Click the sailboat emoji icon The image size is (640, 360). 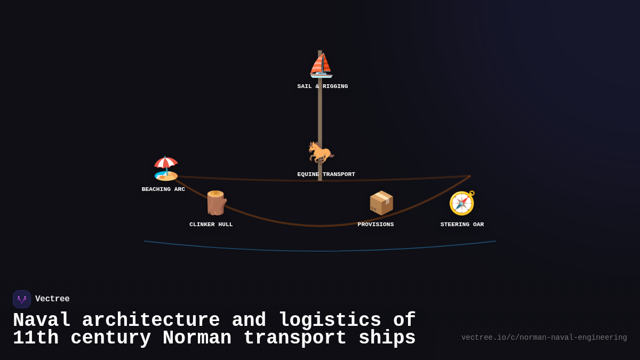pos(321,66)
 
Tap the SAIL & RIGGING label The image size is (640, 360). pos(323,86)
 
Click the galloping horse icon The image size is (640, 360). pos(321,153)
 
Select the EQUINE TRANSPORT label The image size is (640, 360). pos(326,174)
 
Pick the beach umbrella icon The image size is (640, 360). pos(166,168)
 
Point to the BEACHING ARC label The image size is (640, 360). pos(163,189)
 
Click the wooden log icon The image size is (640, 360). pos(216,203)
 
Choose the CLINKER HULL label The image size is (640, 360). pos(211,225)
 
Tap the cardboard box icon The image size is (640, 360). pos(381,203)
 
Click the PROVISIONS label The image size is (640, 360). pos(375,225)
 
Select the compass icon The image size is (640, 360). pos(462,203)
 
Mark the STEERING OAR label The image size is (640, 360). pos(462,225)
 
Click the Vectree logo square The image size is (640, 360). pos(22,299)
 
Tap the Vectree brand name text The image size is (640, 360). pos(52,299)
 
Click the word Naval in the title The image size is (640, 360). pos(42,321)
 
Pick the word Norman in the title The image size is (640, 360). pos(197,338)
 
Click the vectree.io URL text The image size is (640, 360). pos(544,338)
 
